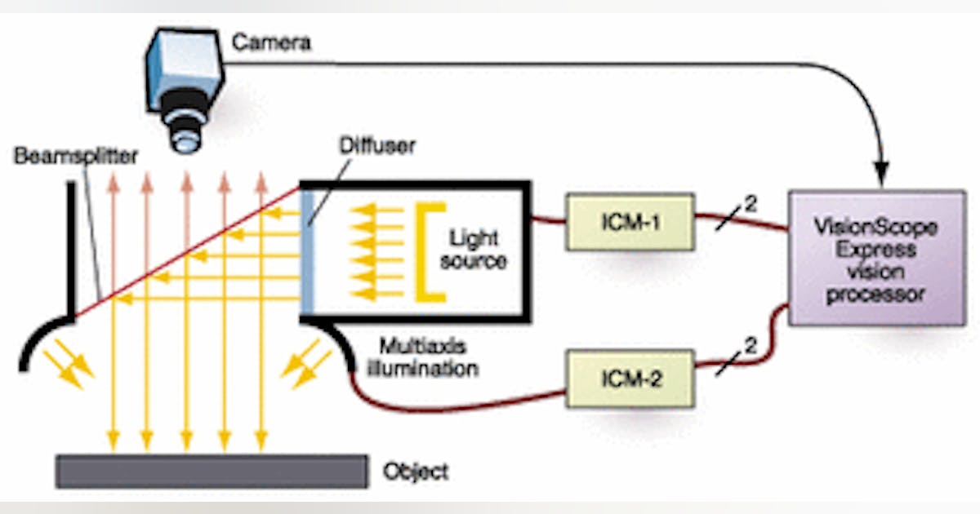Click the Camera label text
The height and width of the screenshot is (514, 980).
[271, 42]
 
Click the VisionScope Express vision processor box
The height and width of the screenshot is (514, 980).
[875, 258]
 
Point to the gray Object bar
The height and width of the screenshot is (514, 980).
[211, 472]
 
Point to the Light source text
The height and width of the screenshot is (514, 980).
[473, 250]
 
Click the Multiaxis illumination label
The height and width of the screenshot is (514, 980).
[428, 357]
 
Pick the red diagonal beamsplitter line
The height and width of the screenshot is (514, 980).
[188, 252]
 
